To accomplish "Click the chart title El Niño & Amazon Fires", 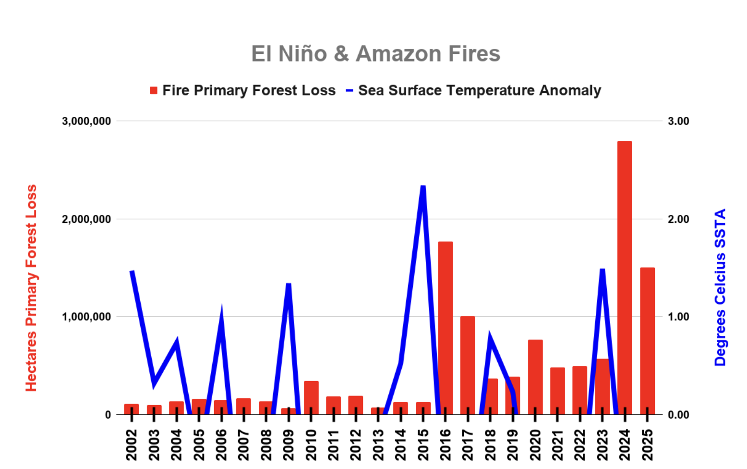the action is pos(375,54).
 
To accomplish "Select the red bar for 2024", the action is pos(625,278).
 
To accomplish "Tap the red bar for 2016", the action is pos(445,328).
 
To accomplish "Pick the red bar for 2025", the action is pos(647,341).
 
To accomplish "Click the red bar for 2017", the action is pos(468,365).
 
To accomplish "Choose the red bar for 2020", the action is pos(535,377).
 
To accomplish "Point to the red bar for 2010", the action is pos(311,397).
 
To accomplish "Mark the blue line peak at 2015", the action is pos(423,186).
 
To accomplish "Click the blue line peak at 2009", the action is pos(289,284).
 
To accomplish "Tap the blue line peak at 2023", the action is pos(602,269).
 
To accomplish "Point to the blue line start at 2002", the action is pos(132,271).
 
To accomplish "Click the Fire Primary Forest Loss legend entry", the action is pos(243,90).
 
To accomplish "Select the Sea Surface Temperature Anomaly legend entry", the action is pos(473,90).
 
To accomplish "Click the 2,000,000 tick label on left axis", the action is pos(86,219).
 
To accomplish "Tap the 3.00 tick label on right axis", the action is pos(678,121).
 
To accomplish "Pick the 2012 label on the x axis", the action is pos(356,445).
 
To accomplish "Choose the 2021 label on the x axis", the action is pos(557,445).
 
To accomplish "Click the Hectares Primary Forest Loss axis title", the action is pos(31,288).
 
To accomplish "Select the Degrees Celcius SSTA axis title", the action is pos(720,287).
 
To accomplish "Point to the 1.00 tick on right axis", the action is pos(678,317).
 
